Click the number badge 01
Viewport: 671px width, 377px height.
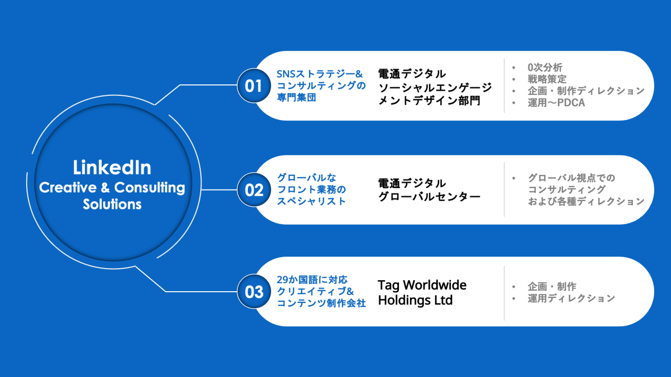(254, 85)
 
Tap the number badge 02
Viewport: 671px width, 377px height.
(254, 190)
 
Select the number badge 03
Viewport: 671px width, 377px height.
(254, 291)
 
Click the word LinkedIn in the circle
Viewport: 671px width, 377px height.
(112, 168)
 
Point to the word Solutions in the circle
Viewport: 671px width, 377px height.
(112, 204)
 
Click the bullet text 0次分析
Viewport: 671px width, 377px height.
(545, 68)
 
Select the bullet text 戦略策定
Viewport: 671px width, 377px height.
(547, 79)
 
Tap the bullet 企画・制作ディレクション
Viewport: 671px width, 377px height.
(586, 91)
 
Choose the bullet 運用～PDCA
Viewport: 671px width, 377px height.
(556, 103)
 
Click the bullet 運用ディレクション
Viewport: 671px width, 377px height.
(571, 298)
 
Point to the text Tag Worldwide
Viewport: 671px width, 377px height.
(422, 285)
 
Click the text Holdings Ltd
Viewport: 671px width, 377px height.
(415, 301)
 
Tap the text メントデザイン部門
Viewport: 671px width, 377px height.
(429, 100)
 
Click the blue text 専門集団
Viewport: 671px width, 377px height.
(296, 97)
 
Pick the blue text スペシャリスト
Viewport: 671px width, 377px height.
(311, 201)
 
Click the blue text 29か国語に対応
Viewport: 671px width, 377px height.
(312, 280)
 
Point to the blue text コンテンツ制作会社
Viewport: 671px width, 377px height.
(321, 303)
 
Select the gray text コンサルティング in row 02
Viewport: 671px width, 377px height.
(567, 190)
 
